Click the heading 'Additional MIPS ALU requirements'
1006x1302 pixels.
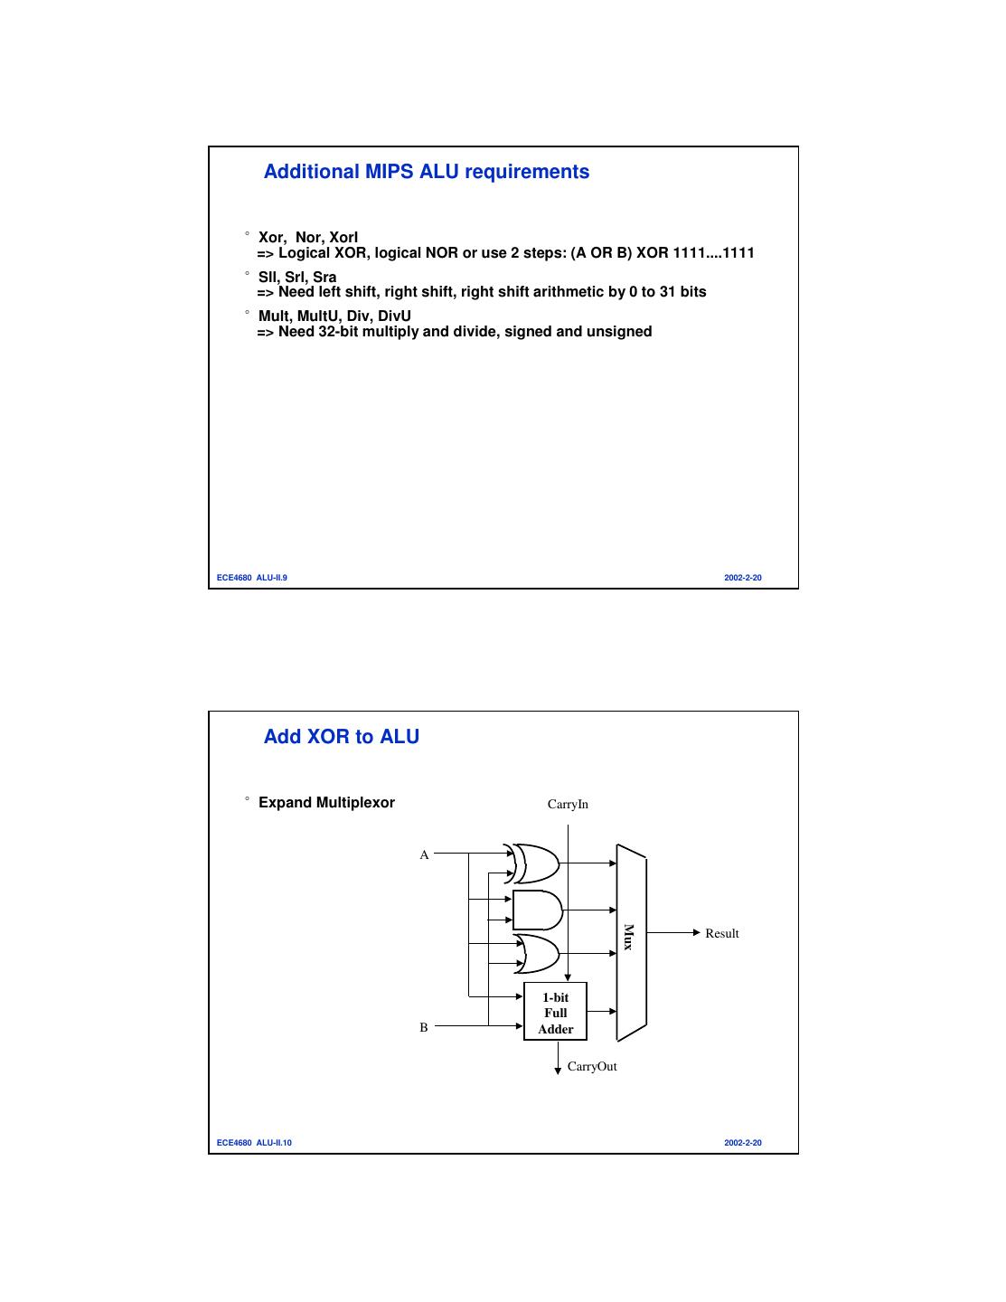426,172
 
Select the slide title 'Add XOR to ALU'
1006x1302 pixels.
341,737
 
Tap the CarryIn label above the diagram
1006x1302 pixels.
568,804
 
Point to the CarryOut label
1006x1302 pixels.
592,1067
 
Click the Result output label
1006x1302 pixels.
721,933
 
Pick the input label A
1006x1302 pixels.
424,854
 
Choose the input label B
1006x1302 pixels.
424,1027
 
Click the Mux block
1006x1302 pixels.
631,940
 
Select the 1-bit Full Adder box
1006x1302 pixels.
555,1012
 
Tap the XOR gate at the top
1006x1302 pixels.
535,863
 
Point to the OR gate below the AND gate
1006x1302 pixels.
539,953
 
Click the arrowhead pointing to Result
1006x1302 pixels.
696,932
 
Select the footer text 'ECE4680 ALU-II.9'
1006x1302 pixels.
252,578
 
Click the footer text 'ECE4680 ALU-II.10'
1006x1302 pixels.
254,1143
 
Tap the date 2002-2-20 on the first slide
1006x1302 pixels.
742,578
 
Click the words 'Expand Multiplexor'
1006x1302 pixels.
326,803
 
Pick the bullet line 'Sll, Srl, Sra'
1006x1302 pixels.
297,278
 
